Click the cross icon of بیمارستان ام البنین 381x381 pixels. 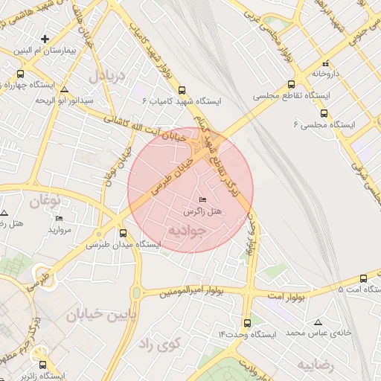[x=45, y=38]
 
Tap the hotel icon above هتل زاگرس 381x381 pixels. [x=204, y=200]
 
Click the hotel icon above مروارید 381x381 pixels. [x=59, y=218]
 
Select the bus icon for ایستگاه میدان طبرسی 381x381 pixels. [x=123, y=232]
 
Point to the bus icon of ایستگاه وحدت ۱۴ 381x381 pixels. [x=248, y=323]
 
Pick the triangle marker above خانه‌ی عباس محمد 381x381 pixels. [x=318, y=322]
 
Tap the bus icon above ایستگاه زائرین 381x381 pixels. [x=42, y=365]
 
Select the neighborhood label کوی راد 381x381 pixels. [x=160, y=344]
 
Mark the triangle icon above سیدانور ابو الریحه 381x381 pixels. [x=64, y=88]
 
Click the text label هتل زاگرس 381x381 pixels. [x=204, y=213]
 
